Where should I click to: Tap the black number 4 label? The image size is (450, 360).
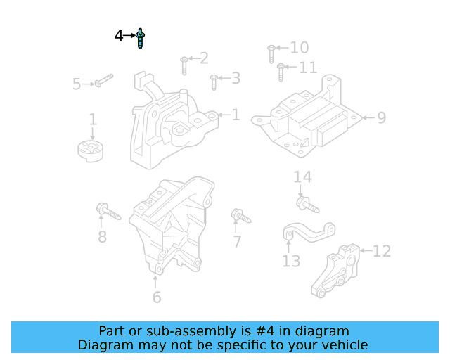(120, 35)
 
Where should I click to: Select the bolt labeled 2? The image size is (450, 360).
(184, 65)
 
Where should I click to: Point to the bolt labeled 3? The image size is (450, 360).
(214, 82)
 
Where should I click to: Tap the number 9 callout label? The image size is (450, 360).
(381, 117)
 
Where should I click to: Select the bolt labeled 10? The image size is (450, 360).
(271, 53)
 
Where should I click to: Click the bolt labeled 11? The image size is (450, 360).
(281, 72)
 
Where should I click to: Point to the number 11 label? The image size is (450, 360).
(307, 67)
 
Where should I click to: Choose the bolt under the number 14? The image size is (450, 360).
(307, 205)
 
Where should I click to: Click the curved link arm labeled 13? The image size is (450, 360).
(309, 231)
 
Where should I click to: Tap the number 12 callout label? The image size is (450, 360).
(381, 251)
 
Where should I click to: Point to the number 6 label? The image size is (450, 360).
(156, 297)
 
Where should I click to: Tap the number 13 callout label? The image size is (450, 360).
(291, 262)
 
